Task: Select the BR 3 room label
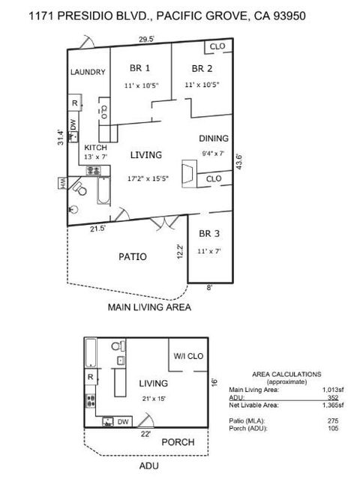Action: tap(209, 233)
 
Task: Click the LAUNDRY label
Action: tap(88, 73)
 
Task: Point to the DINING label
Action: tap(213, 139)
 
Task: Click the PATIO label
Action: tap(132, 256)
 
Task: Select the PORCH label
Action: tap(178, 442)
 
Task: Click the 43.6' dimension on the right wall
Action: tap(238, 162)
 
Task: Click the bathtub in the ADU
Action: tap(91, 351)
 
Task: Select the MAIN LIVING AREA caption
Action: tap(148, 307)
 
